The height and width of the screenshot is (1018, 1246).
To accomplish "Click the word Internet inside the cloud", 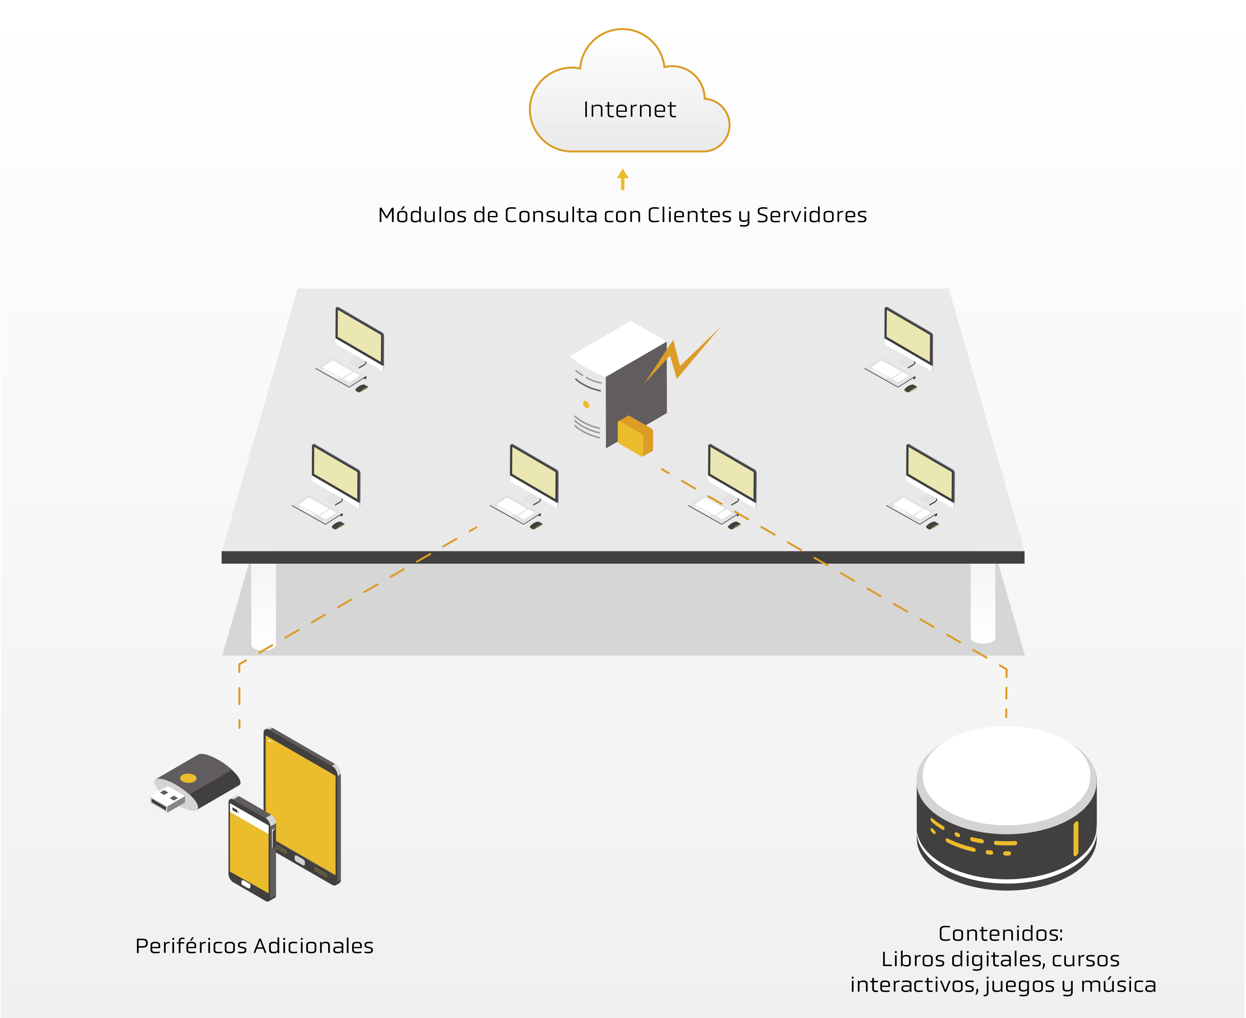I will coord(629,110).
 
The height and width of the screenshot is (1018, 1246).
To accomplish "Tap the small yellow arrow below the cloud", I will coord(623,179).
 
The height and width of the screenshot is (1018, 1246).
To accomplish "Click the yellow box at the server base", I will coord(634,436).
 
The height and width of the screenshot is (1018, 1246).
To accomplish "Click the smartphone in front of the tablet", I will coord(252,848).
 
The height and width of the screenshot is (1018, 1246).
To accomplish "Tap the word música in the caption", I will coord(1118,984).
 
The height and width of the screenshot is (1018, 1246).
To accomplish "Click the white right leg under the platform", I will coord(983,602).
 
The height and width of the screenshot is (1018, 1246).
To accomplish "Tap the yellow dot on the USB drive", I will coord(188,778).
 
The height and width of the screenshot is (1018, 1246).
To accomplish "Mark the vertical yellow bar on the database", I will coord(1076,839).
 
